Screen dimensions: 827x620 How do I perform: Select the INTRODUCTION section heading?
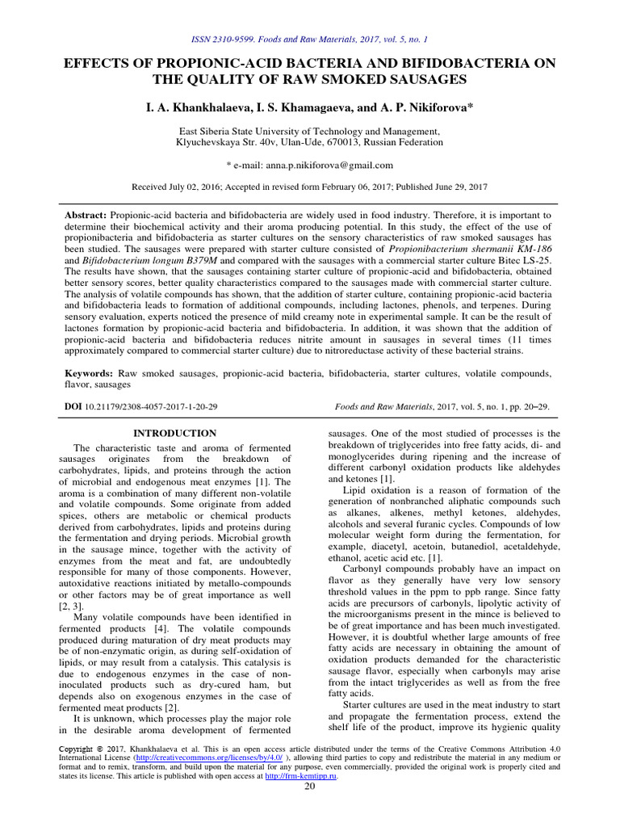(x=174, y=433)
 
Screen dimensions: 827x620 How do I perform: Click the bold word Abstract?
(x=86, y=216)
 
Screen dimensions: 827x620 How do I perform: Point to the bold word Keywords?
(x=89, y=374)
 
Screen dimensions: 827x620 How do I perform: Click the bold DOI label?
(x=73, y=409)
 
